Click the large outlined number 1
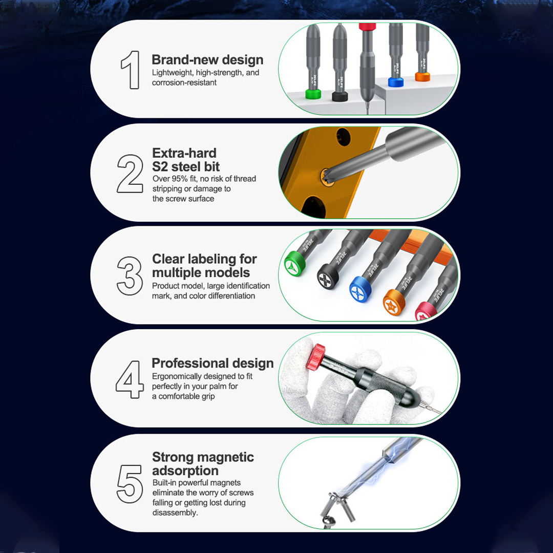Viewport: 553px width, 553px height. coord(131,70)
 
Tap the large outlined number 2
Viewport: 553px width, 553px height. coord(130,174)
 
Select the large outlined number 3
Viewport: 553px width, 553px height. coord(130,275)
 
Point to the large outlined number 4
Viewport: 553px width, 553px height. coord(130,379)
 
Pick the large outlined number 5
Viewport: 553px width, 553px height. coord(130,483)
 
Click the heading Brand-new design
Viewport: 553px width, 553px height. coord(207,60)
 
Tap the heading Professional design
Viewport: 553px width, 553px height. coord(212,363)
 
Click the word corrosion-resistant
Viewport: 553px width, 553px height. coord(184,83)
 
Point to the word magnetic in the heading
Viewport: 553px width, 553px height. coord(225,457)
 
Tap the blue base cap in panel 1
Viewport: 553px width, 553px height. coord(396,81)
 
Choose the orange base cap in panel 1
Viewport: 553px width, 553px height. coord(422,76)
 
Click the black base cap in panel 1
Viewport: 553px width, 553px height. coord(340,96)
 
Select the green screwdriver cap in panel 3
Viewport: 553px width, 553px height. coord(295,265)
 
